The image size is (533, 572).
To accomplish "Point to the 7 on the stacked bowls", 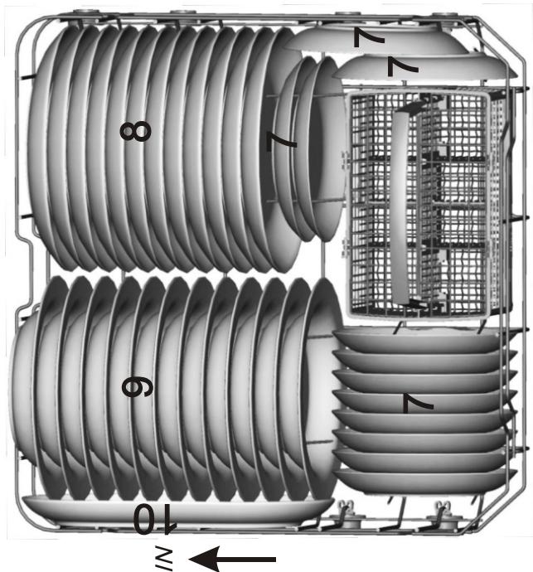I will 419,404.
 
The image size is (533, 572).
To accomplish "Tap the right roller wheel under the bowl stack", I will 439,519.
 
